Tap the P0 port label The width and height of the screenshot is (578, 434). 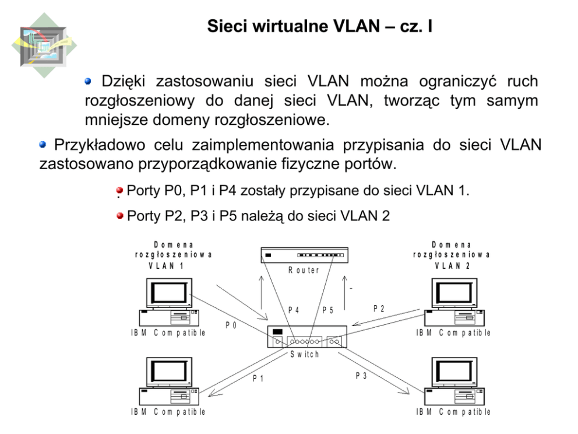tap(231, 325)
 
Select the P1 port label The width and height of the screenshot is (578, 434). tap(259, 379)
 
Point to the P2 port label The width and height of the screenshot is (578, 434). tap(379, 307)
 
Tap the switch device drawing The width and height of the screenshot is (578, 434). tap(307, 337)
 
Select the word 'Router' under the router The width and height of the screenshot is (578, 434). tap(304, 271)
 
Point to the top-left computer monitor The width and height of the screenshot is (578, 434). tap(168, 293)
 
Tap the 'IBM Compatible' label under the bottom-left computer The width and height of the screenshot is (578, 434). tap(168, 412)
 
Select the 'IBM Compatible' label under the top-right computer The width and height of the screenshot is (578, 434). tap(453, 332)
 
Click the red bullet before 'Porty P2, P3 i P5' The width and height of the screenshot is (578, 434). tap(120, 216)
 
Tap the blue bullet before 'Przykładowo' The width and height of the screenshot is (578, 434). tap(45, 144)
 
